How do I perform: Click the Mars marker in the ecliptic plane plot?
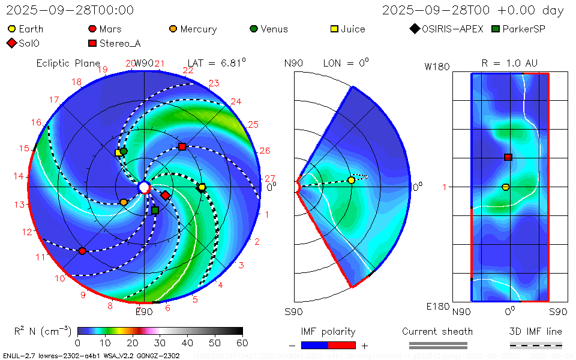pyautogui.click(x=82, y=251)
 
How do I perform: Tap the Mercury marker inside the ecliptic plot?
pyautogui.click(x=124, y=202)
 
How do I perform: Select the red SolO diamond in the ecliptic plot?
pyautogui.click(x=165, y=195)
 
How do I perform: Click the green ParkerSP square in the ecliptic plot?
pyautogui.click(x=155, y=210)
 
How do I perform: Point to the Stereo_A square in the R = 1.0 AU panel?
pyautogui.click(x=508, y=157)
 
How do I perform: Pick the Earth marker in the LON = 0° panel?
pyautogui.click(x=351, y=180)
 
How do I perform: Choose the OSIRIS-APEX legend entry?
pyautogui.click(x=446, y=29)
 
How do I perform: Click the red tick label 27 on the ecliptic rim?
pyautogui.click(x=270, y=178)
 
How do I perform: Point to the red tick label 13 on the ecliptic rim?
pyautogui.click(x=20, y=205)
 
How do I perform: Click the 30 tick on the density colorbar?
pyautogui.click(x=160, y=343)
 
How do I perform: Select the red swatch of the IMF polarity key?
pyautogui.click(x=342, y=346)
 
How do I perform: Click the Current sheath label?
pyautogui.click(x=437, y=331)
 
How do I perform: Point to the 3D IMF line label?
pyautogui.click(x=536, y=331)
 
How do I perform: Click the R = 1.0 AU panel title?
pyautogui.click(x=509, y=63)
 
